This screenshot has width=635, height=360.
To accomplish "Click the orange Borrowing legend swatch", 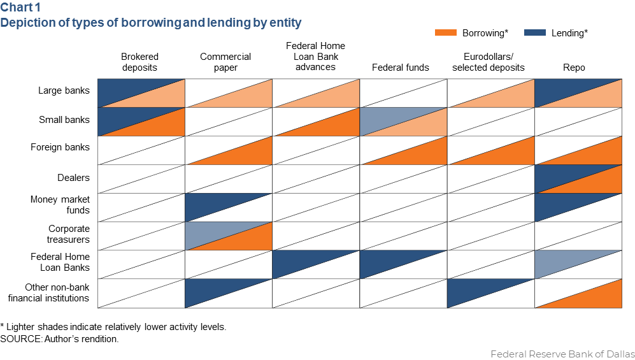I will (446, 32).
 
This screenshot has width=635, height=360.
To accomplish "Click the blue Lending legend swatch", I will (535, 32).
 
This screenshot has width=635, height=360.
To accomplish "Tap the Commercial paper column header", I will (225, 62).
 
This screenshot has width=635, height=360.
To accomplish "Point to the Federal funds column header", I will (401, 67).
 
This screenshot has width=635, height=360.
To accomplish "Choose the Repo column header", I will (577, 67).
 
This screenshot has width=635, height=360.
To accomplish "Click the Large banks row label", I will (64, 90).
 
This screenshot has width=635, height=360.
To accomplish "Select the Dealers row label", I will (73, 178).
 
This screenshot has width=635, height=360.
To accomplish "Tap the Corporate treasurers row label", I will (69, 234).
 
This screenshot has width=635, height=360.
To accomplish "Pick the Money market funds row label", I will (60, 205).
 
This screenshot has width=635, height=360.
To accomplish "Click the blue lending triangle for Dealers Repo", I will (560, 173).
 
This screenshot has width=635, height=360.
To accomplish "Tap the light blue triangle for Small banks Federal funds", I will (385, 116).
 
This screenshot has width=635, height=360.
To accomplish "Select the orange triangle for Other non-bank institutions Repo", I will (599, 299).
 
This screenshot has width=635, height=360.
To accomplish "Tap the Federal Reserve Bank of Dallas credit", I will (562, 354).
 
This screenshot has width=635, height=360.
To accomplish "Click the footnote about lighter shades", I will (113, 327).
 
